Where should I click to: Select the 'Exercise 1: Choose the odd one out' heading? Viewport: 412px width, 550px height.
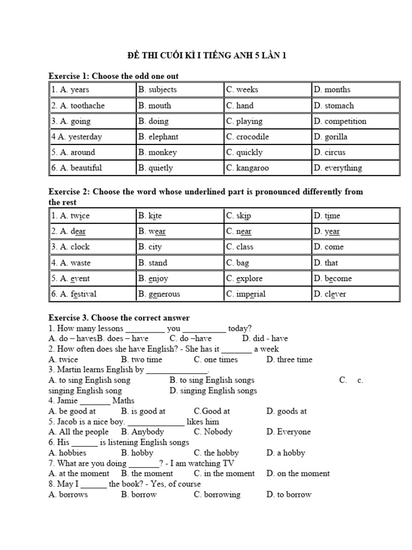click(114, 76)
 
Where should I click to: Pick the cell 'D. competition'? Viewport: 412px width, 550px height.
click(340, 121)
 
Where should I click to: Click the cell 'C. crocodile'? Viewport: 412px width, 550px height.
click(247, 137)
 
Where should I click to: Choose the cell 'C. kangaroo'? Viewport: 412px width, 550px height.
click(247, 168)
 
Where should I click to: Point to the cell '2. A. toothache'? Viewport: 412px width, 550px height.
click(78, 106)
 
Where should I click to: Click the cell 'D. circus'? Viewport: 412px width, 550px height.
click(330, 153)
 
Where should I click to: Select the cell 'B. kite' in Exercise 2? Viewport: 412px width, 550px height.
click(150, 216)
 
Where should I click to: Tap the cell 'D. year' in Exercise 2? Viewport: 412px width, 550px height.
click(327, 231)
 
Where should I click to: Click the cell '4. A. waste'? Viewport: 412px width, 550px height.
click(71, 263)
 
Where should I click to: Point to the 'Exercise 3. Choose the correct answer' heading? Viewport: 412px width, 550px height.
click(119, 318)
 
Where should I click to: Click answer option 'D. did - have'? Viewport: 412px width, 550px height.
click(265, 338)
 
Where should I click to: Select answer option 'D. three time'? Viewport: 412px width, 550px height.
click(289, 359)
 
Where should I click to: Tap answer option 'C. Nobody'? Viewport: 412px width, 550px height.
click(213, 432)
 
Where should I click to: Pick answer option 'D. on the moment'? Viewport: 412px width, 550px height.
click(298, 473)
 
